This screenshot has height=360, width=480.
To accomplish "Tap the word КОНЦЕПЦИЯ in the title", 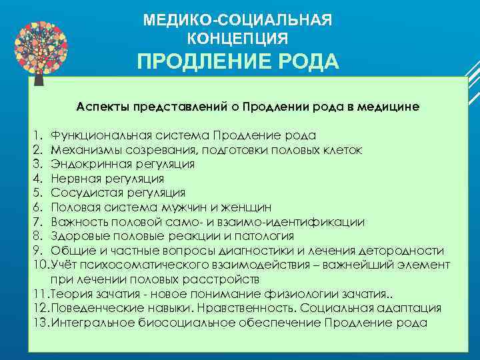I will click(x=238, y=37).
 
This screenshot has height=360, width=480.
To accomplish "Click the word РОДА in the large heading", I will click(x=305, y=62).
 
